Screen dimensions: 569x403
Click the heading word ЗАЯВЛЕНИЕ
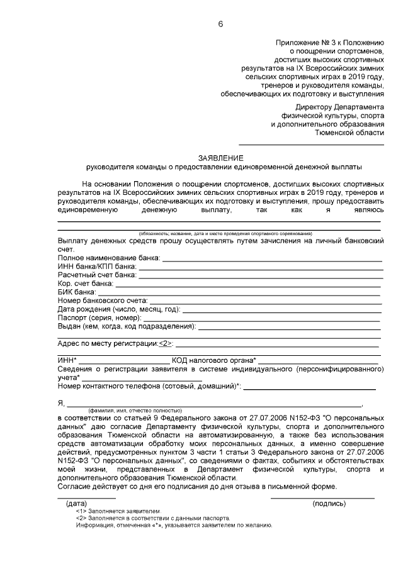pos(220,158)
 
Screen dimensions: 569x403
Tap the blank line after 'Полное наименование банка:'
pos(272,259)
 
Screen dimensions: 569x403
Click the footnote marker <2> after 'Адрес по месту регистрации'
pos(164,344)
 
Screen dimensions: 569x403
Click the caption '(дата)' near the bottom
pos(76,503)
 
